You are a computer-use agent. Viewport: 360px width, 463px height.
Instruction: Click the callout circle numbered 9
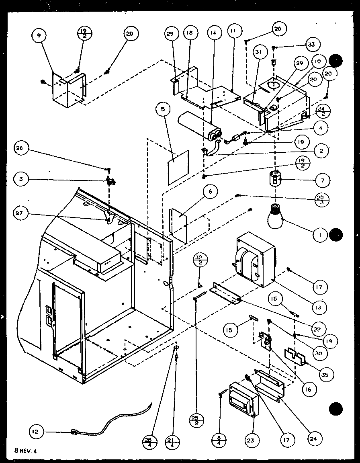39,36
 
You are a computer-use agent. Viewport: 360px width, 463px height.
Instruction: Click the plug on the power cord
74,432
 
